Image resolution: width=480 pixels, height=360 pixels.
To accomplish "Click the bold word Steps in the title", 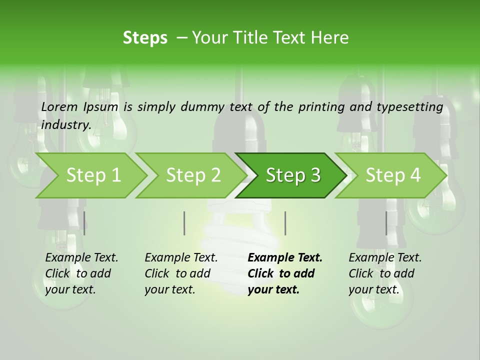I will coord(145,38).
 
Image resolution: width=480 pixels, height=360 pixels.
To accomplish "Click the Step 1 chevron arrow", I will coord(93,175).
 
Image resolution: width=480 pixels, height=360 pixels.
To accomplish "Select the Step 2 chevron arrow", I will coord(193,175).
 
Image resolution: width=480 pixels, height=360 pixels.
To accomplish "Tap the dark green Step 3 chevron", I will coord(293,175).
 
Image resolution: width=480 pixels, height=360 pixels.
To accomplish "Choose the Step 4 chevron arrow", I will coord(393,175).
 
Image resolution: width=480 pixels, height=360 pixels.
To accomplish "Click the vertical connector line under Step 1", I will coord(84,223).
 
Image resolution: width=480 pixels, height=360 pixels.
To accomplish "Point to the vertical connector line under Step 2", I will coord(184,223).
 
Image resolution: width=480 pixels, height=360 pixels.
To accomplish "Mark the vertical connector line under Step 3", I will coord(285,223).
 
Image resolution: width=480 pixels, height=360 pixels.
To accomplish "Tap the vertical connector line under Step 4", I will coord(386,223).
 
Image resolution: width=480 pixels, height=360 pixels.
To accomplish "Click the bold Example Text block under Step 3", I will coord(285,273).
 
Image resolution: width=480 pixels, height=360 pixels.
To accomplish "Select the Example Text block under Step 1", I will coord(81,273).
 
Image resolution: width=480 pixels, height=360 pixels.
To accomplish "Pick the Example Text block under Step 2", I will coord(181,273).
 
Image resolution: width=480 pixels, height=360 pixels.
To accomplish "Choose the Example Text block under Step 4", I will coord(385,273).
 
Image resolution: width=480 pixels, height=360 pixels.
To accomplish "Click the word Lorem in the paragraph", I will coord(59,106).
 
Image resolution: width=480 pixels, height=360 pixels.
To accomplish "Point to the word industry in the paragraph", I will coord(65,124).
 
